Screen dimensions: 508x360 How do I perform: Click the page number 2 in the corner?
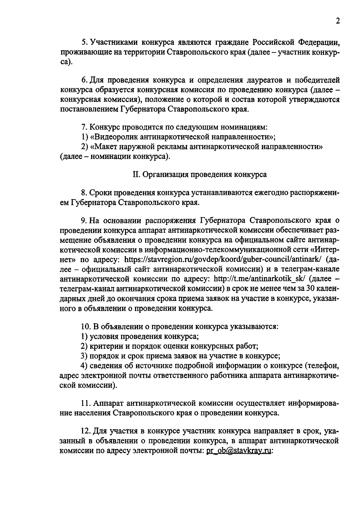pos(338,22)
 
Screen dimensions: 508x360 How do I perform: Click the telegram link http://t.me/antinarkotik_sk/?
pos(259,279)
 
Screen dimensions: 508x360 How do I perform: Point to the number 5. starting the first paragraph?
pos(85,42)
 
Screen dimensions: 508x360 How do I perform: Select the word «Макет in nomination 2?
pos(104,147)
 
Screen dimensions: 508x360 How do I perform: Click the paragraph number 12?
pos(86,431)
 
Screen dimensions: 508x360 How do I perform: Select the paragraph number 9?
pos(84,220)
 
